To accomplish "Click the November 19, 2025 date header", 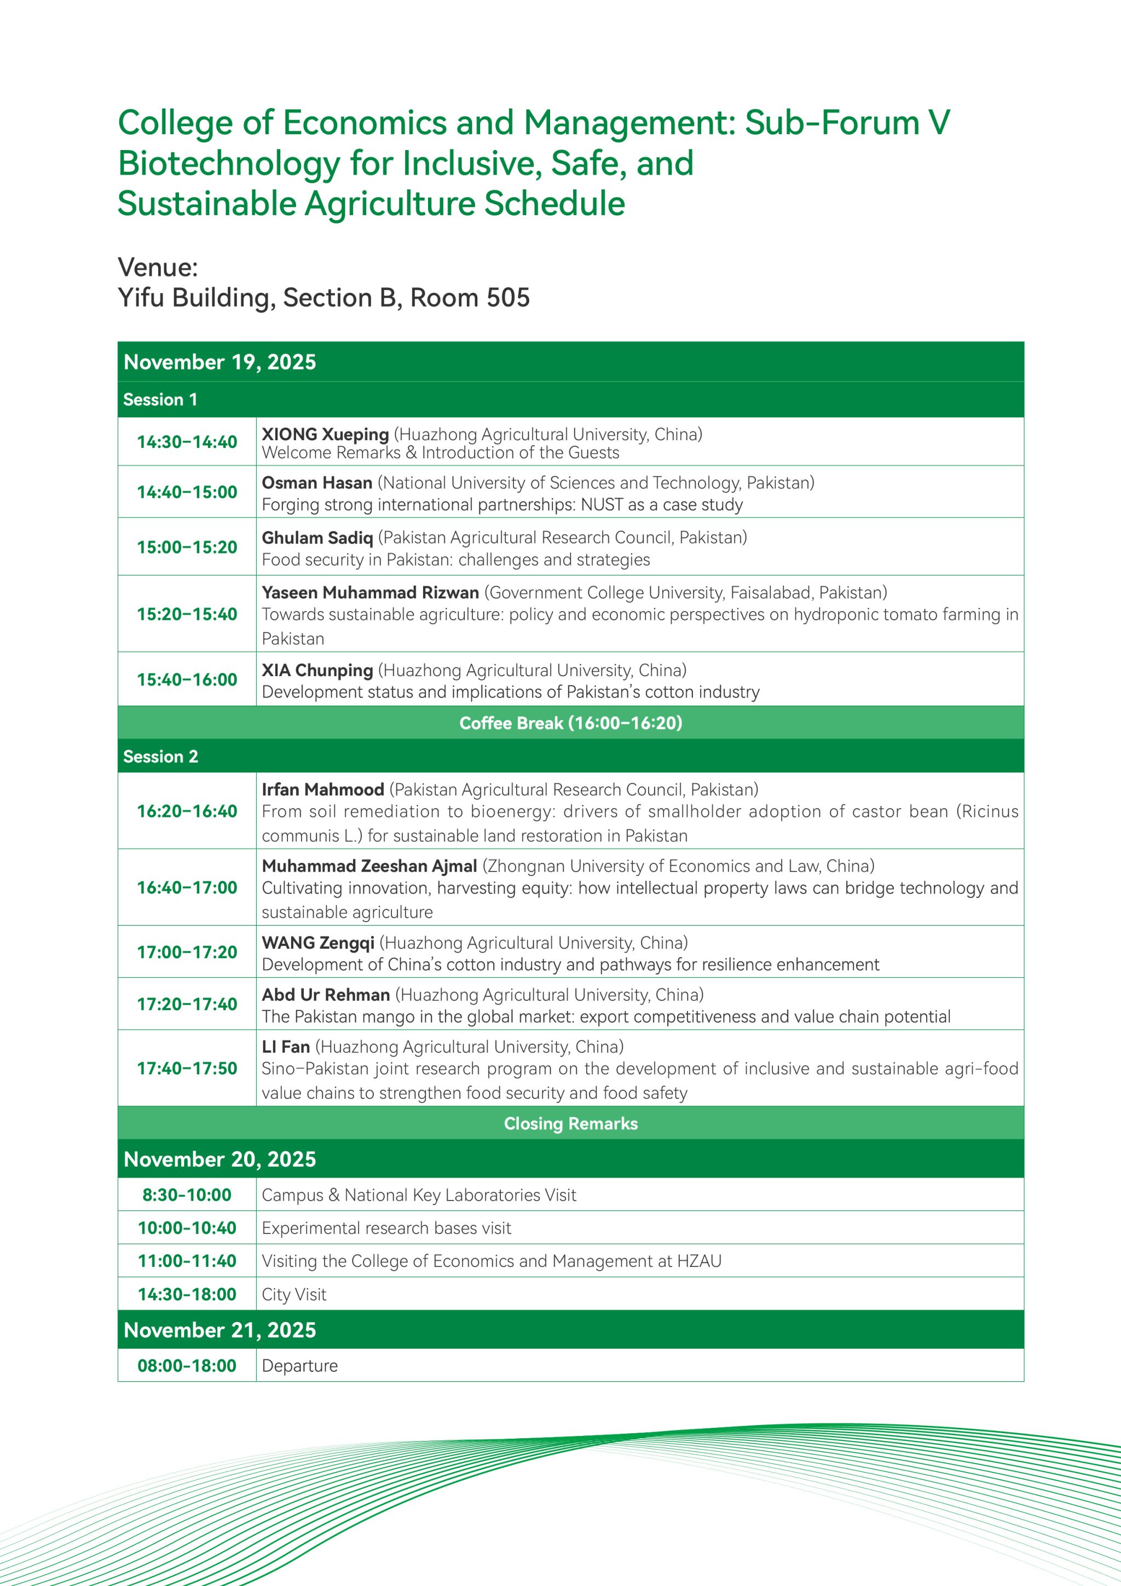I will pyautogui.click(x=219, y=362).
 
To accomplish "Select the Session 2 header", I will pyautogui.click(x=160, y=757).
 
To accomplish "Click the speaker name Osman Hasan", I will pyautogui.click(x=316, y=483).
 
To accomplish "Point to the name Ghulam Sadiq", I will pyautogui.click(x=317, y=538).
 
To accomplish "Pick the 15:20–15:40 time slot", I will pyautogui.click(x=187, y=614).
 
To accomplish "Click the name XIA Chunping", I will pyautogui.click(x=317, y=670).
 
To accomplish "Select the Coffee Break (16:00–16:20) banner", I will pyautogui.click(x=570, y=723).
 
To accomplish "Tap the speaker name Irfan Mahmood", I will pyautogui.click(x=322, y=789).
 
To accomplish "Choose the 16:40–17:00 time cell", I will pyautogui.click(x=187, y=887).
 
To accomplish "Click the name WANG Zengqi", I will pyautogui.click(x=317, y=943).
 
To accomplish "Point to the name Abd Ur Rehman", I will pyautogui.click(x=325, y=995).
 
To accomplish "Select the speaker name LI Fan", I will pyautogui.click(x=285, y=1047).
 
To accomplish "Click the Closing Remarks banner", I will pyautogui.click(x=570, y=1124).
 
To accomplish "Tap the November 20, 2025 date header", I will pyautogui.click(x=219, y=1159).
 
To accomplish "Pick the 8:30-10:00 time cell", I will pyautogui.click(x=187, y=1195).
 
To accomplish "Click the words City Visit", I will pyautogui.click(x=293, y=1295).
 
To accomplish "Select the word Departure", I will pyautogui.click(x=300, y=1365).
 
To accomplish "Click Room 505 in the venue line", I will pyautogui.click(x=470, y=298).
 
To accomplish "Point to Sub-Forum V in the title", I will pyautogui.click(x=847, y=123).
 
